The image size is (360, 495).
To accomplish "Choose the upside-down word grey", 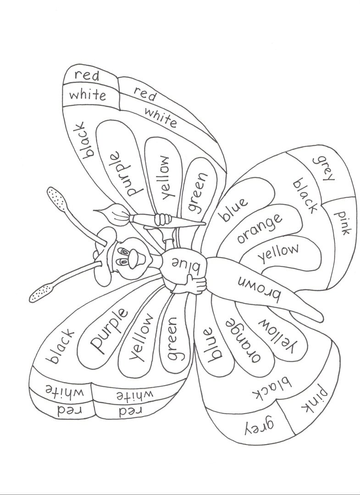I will [255, 426].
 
